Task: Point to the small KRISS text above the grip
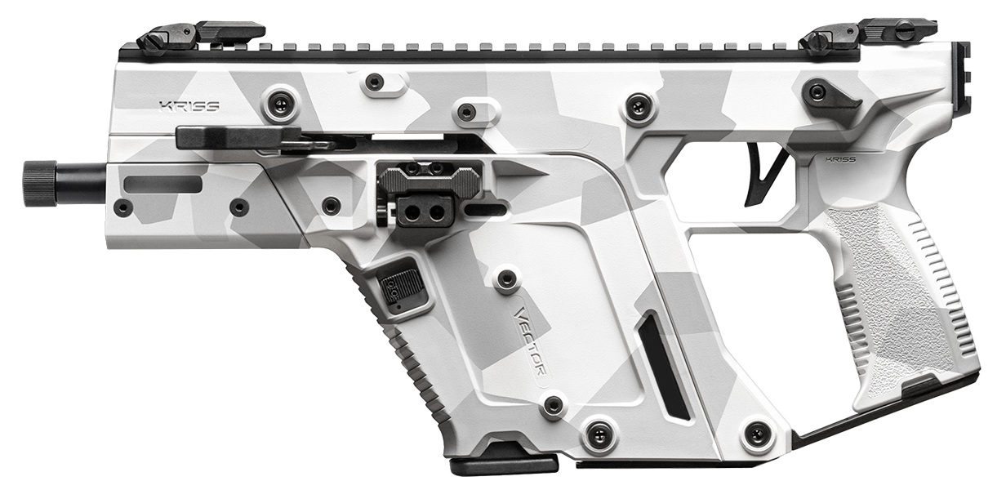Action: pyautogui.click(x=841, y=159)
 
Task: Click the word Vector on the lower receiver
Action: pyautogui.click(x=532, y=339)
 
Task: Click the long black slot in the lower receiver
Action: pyautogui.click(x=665, y=367)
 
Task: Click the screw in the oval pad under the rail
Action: pyautogui.click(x=375, y=82)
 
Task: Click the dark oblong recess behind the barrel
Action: pyautogui.click(x=162, y=183)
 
